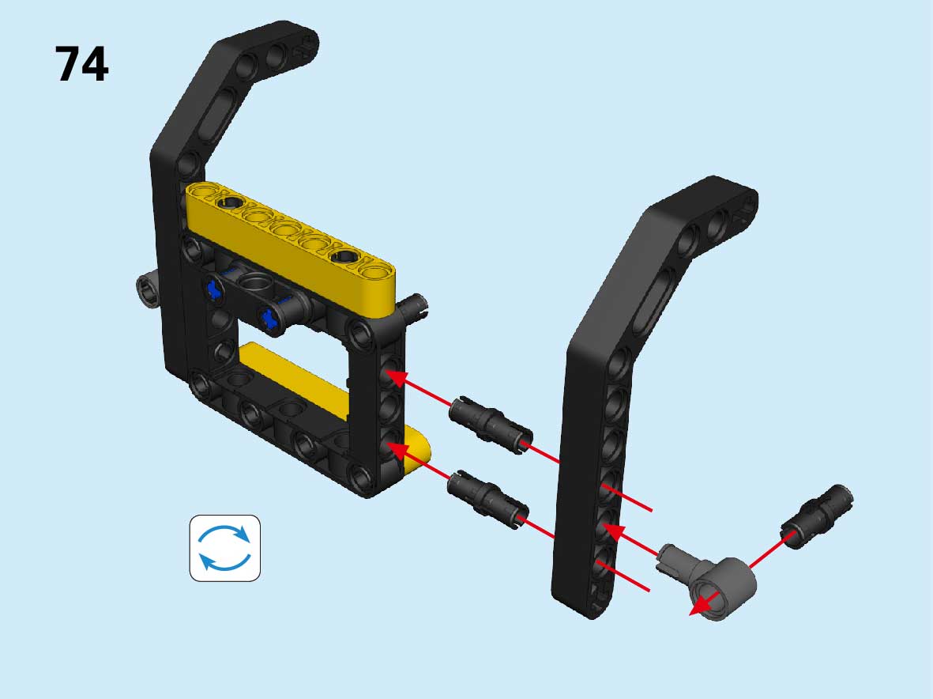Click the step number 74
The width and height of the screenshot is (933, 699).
click(x=81, y=64)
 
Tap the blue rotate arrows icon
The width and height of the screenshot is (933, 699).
click(x=225, y=548)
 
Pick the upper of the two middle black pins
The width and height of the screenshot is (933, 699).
click(x=490, y=425)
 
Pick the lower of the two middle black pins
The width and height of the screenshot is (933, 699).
click(x=488, y=498)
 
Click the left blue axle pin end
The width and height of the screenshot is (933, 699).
click(x=213, y=289)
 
